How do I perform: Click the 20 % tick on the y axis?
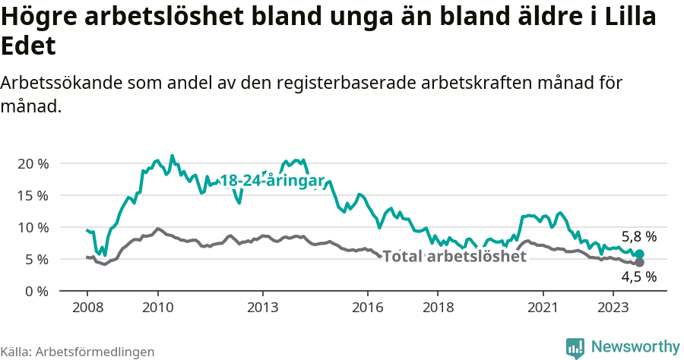tap(33, 163)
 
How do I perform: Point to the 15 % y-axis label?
tap(33, 195)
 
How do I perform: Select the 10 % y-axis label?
tap(33, 227)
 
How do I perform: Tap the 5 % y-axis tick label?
tap(36, 259)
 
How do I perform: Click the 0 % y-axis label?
tap(36, 291)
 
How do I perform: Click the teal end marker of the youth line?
tap(639, 254)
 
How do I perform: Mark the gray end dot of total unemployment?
tap(639, 262)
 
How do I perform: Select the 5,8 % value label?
tap(638, 236)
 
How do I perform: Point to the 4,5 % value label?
tap(638, 278)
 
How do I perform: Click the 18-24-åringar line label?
tap(273, 181)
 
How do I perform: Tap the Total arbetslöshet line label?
tap(454, 256)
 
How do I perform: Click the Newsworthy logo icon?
tap(575, 347)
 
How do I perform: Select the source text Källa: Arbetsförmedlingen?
tap(78, 352)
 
